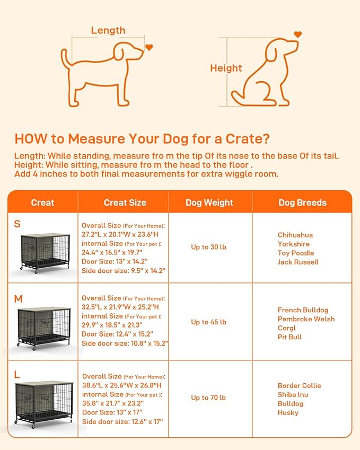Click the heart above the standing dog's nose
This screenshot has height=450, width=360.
tap(149, 47)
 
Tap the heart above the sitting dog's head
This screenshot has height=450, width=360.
tap(298, 34)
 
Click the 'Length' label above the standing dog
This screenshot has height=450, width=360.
tap(108, 30)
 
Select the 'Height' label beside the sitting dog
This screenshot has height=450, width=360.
tap(226, 68)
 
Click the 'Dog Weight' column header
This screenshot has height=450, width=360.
tap(209, 202)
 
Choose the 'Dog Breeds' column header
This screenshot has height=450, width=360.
tap(302, 202)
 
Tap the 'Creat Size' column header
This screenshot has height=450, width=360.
tap(125, 202)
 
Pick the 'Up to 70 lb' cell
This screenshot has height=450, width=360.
tap(208, 398)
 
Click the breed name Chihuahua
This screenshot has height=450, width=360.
tap(295, 235)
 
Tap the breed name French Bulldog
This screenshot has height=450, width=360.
tap(303, 310)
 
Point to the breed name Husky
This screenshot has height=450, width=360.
tap(289, 412)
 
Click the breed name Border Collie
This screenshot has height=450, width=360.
tap(299, 385)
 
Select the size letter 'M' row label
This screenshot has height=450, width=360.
tap(18, 299)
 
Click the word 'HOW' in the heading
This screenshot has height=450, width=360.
tap(31, 139)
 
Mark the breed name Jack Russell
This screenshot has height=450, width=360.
tap(298, 262)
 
